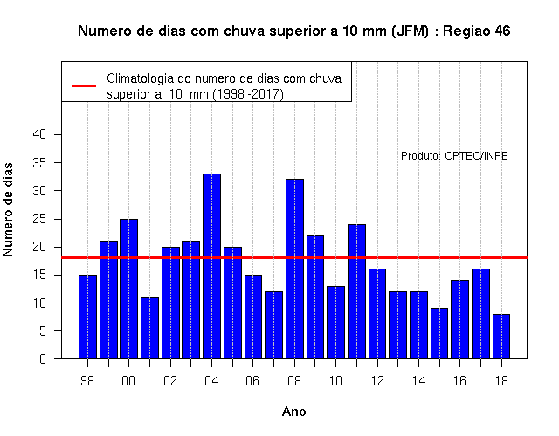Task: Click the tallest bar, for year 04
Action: (x=211, y=266)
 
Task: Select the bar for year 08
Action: (x=295, y=269)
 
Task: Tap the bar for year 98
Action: (x=87, y=317)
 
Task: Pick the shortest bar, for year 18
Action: (x=501, y=337)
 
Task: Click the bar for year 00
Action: (x=128, y=289)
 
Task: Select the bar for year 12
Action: (x=377, y=314)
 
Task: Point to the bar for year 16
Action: (x=460, y=319)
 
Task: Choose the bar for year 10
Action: (x=335, y=323)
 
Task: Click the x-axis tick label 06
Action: (x=252, y=381)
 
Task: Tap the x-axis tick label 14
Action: (x=419, y=381)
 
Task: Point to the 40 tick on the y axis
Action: (x=39, y=134)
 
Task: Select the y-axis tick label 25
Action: (x=39, y=219)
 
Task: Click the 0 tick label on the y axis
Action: (x=43, y=358)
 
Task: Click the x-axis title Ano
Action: (x=294, y=412)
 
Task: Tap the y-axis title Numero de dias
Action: (x=8, y=210)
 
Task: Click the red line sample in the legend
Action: (x=84, y=86)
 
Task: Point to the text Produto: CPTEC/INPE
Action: (x=454, y=156)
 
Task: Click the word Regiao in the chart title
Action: (x=466, y=31)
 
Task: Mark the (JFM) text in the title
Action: (x=410, y=31)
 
